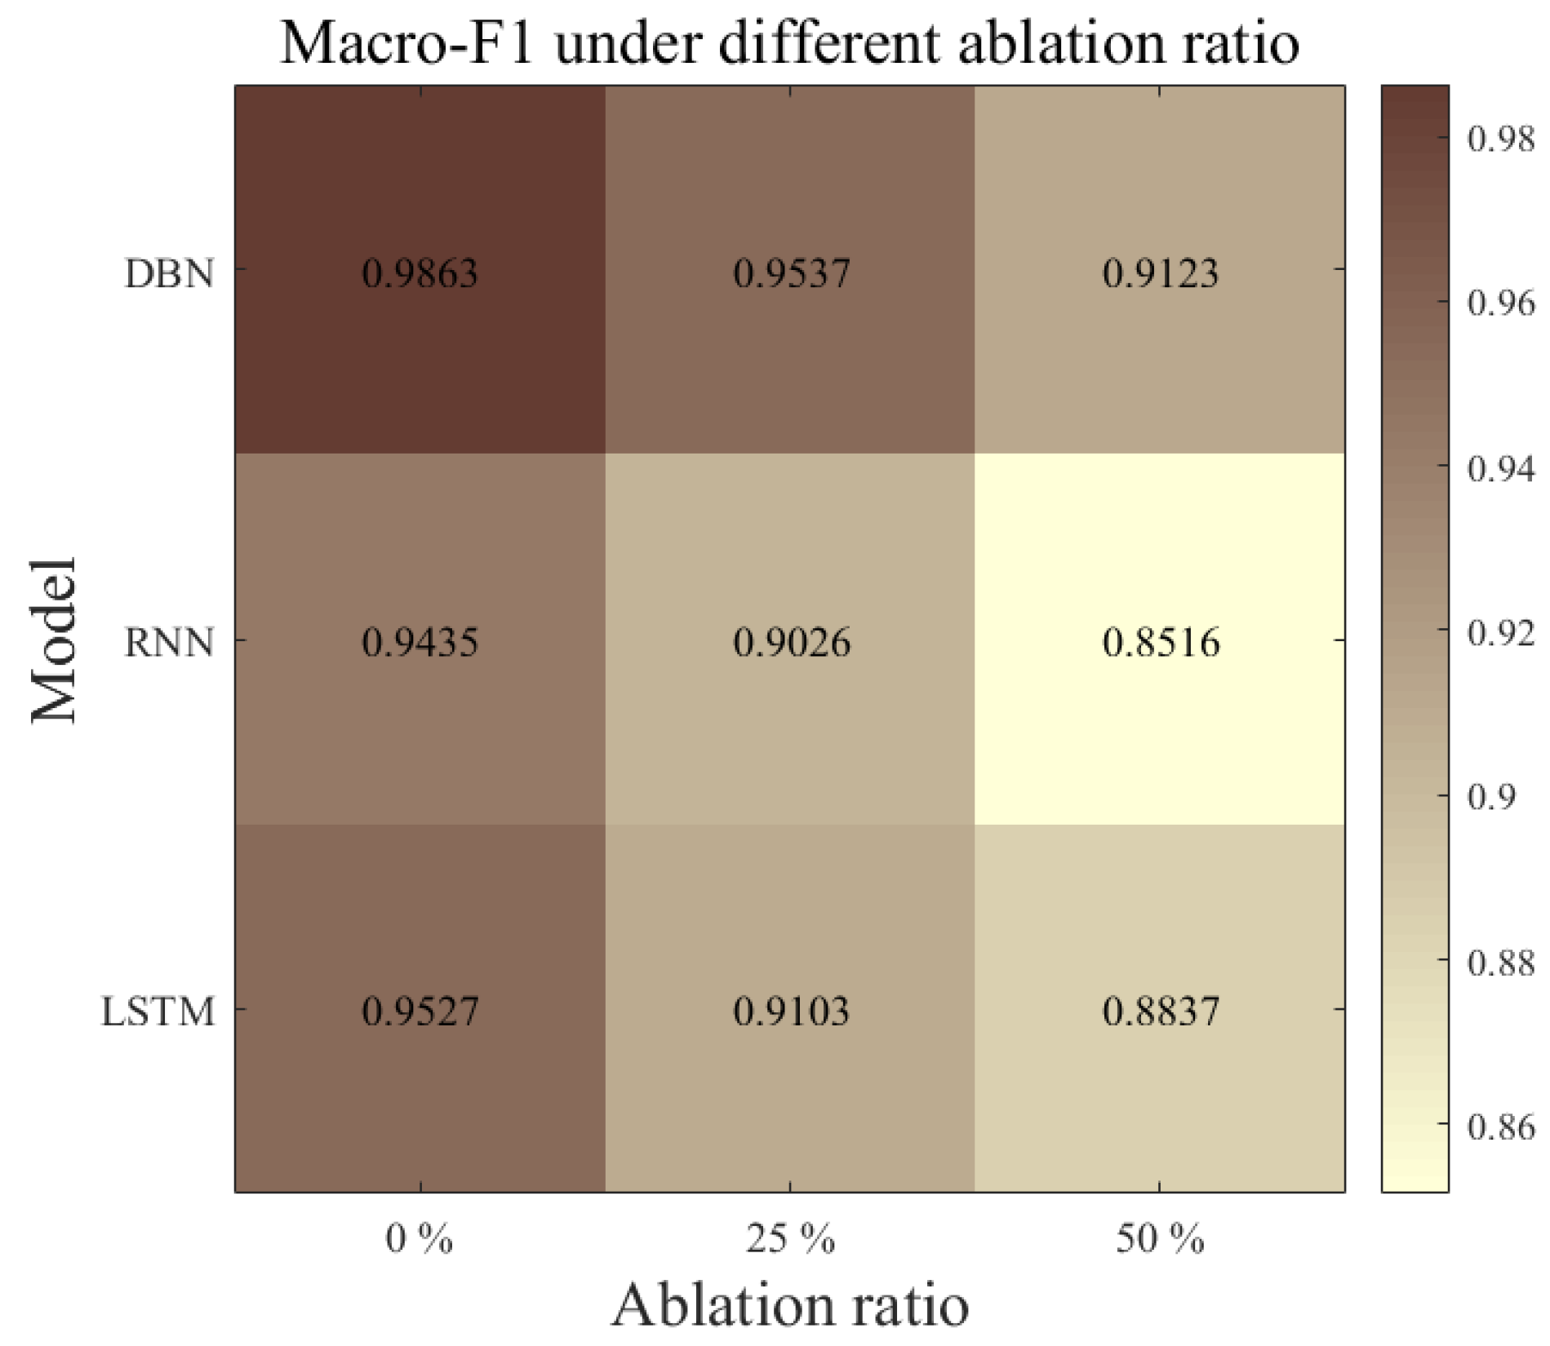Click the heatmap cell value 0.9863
(x=420, y=272)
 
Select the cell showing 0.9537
(x=791, y=272)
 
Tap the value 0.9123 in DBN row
(x=1160, y=272)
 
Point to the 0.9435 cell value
(x=420, y=642)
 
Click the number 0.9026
(x=791, y=642)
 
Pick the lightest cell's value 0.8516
(x=1160, y=642)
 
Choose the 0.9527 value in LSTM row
(x=420, y=1012)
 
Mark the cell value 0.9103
(x=791, y=1012)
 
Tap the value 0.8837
(x=1160, y=1012)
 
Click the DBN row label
(x=169, y=274)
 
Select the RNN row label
(x=169, y=643)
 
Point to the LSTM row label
(x=158, y=1012)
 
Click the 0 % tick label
(x=419, y=1240)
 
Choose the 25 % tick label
(x=790, y=1240)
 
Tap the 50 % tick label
(x=1160, y=1240)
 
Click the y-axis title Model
(x=55, y=640)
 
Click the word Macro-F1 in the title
(x=406, y=42)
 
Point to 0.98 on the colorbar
(x=1500, y=139)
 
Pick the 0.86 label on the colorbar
(x=1500, y=1127)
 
